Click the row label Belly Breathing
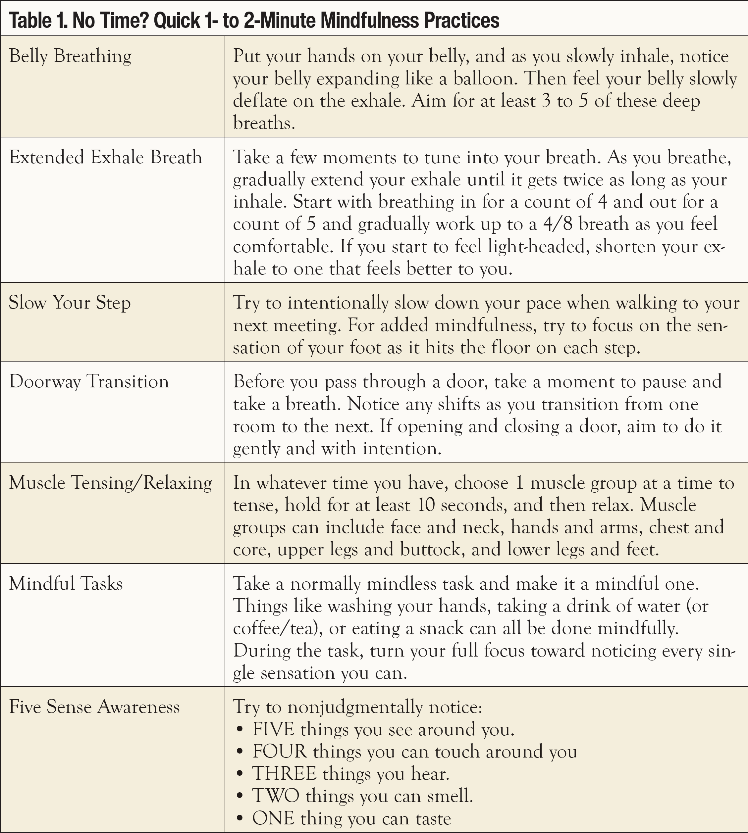coord(70,56)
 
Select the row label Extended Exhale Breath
coord(106,158)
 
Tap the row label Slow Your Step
coord(70,303)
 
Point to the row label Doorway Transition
coord(89,382)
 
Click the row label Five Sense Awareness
coord(94,707)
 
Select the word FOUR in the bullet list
coord(280,752)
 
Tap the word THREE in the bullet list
coord(285,774)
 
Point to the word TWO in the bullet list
coord(275,796)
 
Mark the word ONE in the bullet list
coord(273,818)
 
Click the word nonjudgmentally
coord(354,707)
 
